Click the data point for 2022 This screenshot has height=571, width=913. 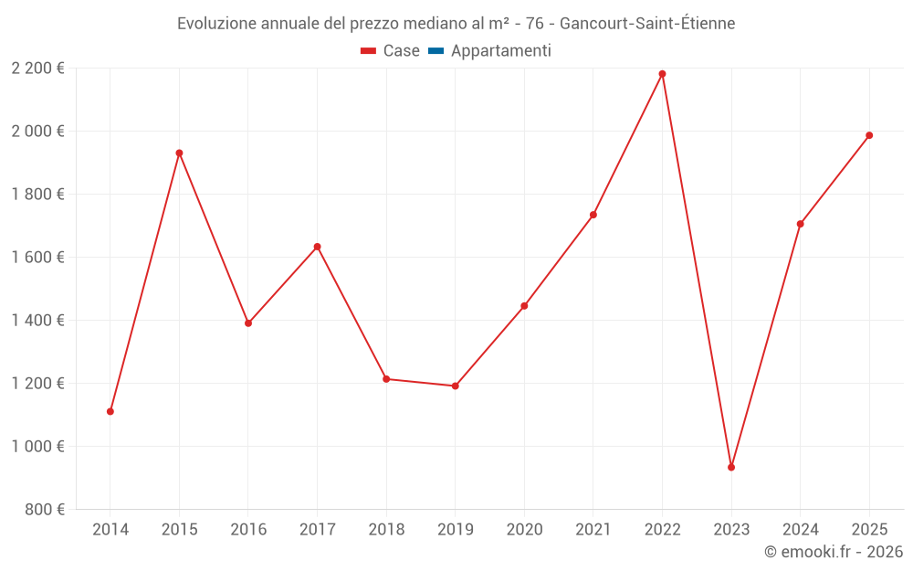pos(662,74)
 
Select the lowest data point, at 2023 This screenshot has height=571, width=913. pos(731,467)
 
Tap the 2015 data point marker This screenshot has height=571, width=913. pos(179,153)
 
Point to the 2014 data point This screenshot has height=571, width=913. pos(110,411)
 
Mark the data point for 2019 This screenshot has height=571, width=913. pos(456,386)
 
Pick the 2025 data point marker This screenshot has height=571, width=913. pos(869,135)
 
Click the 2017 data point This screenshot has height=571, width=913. pos(317,247)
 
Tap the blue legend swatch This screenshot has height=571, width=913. pos(436,51)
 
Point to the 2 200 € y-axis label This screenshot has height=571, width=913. pos(37,69)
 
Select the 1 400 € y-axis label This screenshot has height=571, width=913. pos(37,320)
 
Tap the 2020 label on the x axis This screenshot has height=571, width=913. pos(524,529)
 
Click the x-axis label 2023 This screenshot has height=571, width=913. pos(731,529)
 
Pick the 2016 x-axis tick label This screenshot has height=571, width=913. pos(248,529)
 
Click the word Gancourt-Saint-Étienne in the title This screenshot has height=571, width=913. pos(647,23)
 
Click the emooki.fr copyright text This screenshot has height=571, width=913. pos(834,552)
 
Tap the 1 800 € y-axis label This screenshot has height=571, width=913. pos(37,194)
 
